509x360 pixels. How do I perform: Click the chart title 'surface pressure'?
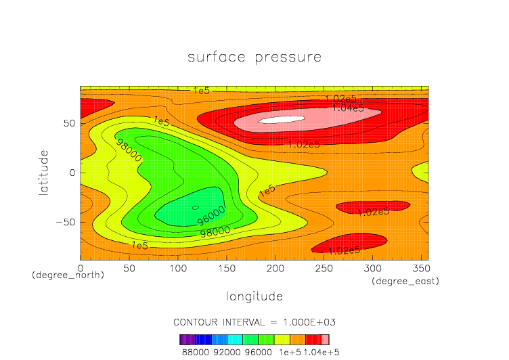click(255, 57)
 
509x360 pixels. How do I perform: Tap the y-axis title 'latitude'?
click(44, 173)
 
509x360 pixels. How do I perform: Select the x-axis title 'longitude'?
click(254, 296)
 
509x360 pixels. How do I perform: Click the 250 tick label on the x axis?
click(323, 269)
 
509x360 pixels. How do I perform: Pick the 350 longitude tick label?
click(420, 269)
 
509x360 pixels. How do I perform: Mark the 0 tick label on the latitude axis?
click(72, 173)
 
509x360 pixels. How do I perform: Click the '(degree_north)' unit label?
click(68, 275)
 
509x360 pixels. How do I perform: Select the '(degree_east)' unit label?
click(405, 281)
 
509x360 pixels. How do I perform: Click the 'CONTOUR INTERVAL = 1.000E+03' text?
click(254, 321)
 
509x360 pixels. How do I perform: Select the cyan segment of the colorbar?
click(235, 340)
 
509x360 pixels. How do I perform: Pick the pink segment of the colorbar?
click(325, 340)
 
